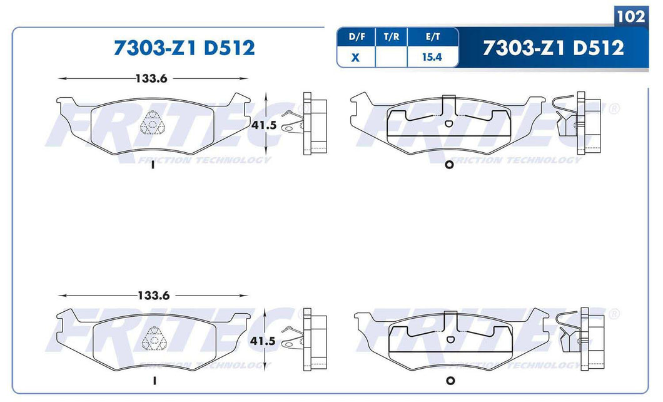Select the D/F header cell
click(x=357, y=37)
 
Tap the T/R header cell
click(x=392, y=37)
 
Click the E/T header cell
click(x=432, y=37)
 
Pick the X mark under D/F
click(x=357, y=57)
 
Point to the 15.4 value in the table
click(x=432, y=57)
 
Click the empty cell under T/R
click(x=392, y=57)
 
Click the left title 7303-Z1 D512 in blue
click(x=184, y=48)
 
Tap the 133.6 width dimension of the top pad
click(x=153, y=78)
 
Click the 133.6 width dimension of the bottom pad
click(x=153, y=295)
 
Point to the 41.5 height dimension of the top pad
click(x=263, y=125)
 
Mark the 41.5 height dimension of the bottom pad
click(x=263, y=343)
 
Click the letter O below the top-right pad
click(x=448, y=165)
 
